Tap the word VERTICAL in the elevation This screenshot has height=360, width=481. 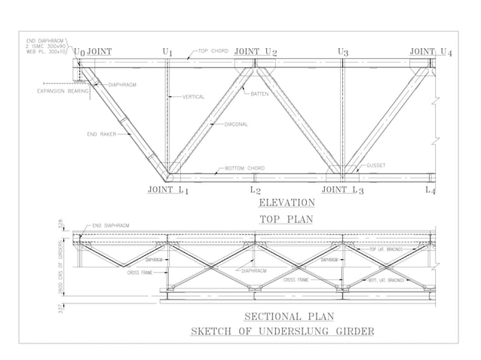click(195, 97)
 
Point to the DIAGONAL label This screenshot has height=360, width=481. click(236, 124)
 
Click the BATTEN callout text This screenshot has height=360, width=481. click(260, 94)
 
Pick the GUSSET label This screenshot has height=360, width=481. click(378, 164)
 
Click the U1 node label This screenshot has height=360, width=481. click(167, 52)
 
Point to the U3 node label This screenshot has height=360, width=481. click(343, 52)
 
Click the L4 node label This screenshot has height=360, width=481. click(430, 191)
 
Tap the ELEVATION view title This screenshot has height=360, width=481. click(286, 203)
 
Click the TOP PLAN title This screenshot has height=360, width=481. click(286, 218)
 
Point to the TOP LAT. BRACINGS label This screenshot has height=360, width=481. click(386, 249)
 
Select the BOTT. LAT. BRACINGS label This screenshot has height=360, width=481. click(386, 279)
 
